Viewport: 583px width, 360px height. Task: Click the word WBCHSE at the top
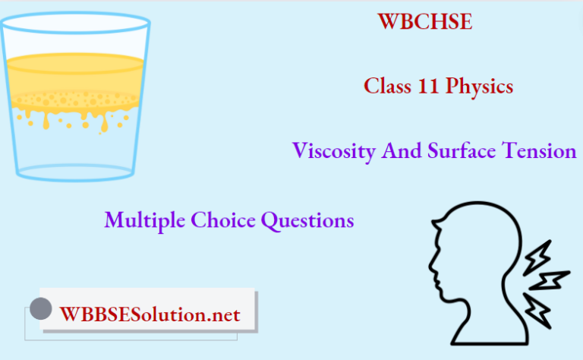coord(425,22)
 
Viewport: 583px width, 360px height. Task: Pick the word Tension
coord(541,151)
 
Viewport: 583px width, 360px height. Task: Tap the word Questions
coord(307,220)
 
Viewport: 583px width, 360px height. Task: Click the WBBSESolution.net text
coord(150,314)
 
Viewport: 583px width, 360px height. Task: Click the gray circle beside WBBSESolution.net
coord(40,308)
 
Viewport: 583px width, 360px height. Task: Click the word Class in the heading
coord(384,87)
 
